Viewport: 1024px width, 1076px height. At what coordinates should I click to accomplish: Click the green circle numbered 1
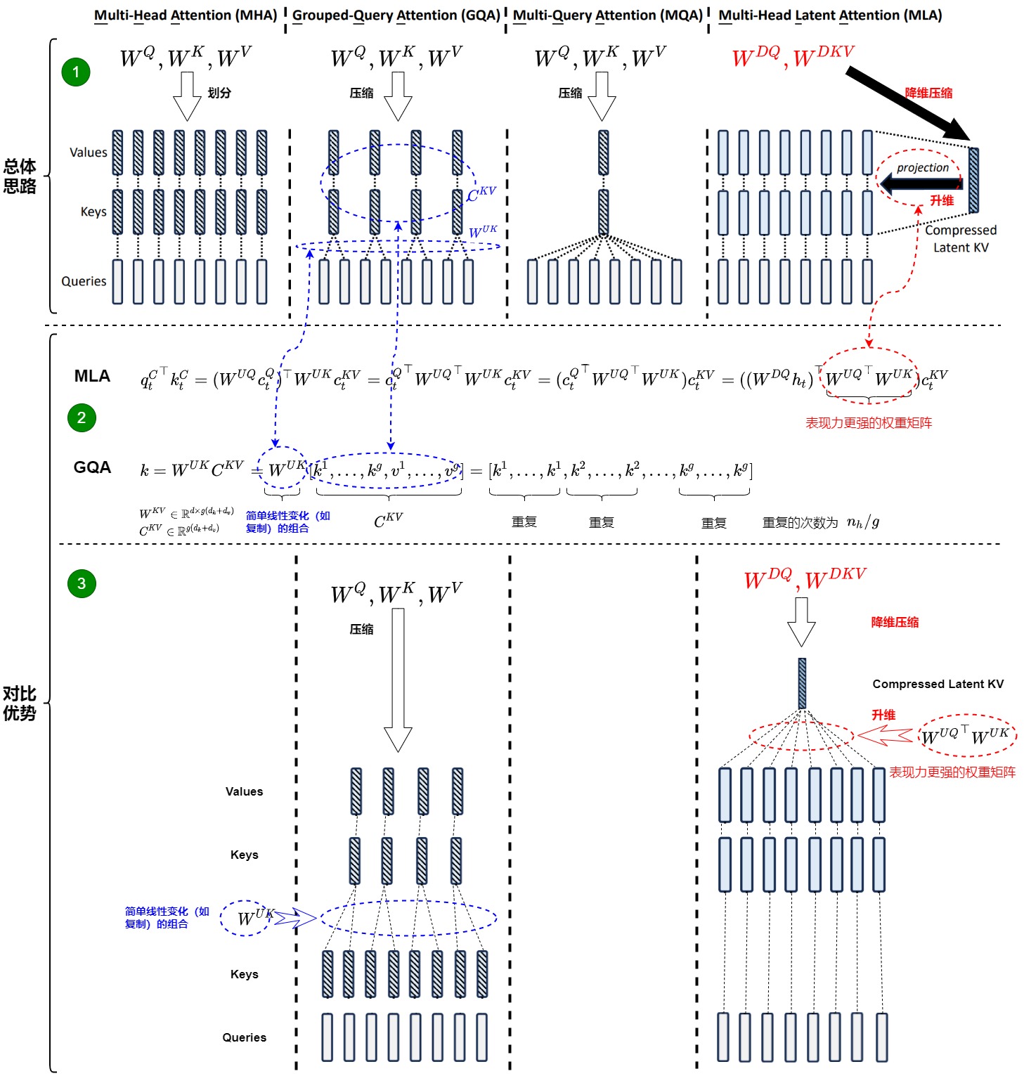[76, 72]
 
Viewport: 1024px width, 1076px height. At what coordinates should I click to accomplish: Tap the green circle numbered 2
[82, 418]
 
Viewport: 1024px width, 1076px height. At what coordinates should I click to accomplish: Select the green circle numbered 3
[82, 583]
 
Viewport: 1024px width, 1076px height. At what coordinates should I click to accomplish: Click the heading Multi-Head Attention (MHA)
[186, 15]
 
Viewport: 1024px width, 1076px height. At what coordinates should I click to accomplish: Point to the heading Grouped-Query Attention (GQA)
[396, 15]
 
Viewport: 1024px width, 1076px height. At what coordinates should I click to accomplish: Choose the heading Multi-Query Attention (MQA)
[608, 15]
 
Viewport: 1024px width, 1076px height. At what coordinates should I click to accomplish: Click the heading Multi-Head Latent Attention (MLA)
[830, 15]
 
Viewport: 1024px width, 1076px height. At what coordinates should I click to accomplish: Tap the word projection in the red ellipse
[922, 167]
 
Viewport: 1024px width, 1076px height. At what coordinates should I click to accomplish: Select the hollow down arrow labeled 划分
[187, 96]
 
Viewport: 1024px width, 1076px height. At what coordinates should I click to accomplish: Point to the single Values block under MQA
[603, 153]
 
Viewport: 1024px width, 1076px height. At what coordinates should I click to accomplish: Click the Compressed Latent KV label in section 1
[961, 238]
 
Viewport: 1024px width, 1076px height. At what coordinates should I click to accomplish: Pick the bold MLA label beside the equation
[92, 377]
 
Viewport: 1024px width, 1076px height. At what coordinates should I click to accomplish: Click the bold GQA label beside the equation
[92, 468]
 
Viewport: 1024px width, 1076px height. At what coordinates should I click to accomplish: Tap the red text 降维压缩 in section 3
[895, 622]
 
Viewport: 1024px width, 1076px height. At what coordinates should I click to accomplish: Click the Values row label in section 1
[89, 153]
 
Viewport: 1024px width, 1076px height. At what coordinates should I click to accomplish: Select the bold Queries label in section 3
[244, 1037]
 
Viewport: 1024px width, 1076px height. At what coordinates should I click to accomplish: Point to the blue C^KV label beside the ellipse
[481, 193]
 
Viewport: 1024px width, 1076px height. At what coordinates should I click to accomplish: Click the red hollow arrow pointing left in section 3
[885, 735]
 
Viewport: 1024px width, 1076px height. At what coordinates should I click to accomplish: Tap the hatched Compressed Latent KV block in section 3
[802, 683]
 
